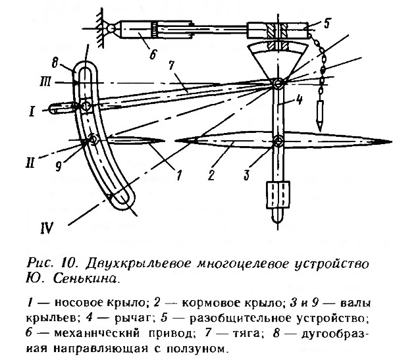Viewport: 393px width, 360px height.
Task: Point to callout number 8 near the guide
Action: (x=56, y=61)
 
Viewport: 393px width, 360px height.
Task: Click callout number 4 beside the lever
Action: (x=298, y=100)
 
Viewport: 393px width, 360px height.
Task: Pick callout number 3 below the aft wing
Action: (x=247, y=174)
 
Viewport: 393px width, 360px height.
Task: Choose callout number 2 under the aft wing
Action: (x=211, y=174)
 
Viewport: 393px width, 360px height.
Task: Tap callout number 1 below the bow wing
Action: (x=178, y=174)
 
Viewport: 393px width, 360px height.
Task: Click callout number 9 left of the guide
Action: (x=58, y=166)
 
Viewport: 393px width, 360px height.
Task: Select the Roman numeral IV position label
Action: (x=47, y=228)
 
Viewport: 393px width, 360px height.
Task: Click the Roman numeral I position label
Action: (x=32, y=111)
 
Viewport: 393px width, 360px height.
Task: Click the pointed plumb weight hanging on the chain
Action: (x=320, y=115)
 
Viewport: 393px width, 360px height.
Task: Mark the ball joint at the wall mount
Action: (x=110, y=29)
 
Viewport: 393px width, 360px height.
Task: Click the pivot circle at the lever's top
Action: (x=278, y=83)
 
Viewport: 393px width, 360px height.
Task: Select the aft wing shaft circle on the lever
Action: (x=278, y=141)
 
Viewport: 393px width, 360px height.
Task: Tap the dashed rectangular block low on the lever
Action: (x=278, y=195)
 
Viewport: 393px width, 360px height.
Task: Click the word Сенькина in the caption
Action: (x=85, y=279)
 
